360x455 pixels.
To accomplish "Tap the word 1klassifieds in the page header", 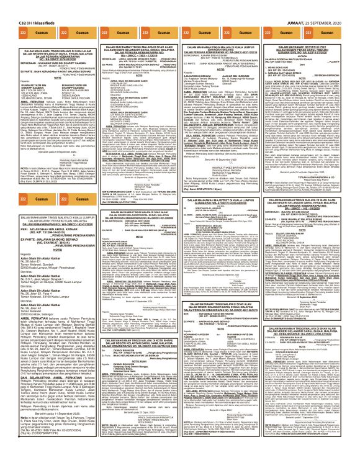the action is tap(30, 5).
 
